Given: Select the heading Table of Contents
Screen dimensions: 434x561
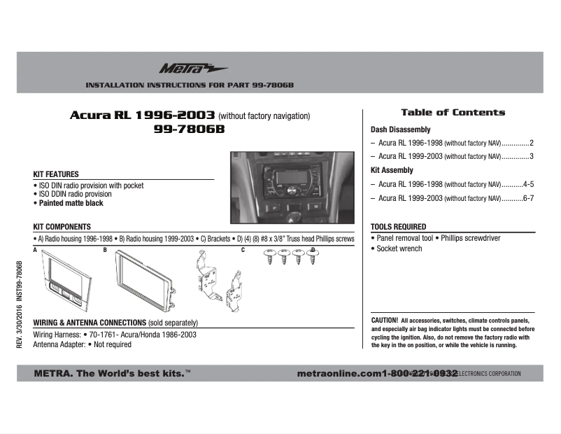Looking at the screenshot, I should (453, 112).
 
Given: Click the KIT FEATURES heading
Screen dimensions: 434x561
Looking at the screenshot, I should (56, 174).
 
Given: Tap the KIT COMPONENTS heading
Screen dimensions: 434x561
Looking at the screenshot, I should (62, 227).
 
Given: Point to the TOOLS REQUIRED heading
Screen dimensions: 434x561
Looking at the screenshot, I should (398, 227).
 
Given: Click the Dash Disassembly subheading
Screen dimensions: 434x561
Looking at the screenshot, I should (400, 129).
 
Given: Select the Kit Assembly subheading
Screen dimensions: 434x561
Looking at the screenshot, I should (392, 170).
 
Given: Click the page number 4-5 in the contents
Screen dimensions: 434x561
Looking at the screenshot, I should (528, 184).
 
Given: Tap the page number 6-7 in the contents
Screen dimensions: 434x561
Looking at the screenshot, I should (528, 198).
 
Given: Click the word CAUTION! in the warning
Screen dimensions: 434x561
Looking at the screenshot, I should (384, 319).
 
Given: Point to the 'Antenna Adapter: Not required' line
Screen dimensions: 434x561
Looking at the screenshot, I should (82, 344).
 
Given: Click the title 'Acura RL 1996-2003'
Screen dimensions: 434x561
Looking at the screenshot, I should (143, 115).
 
